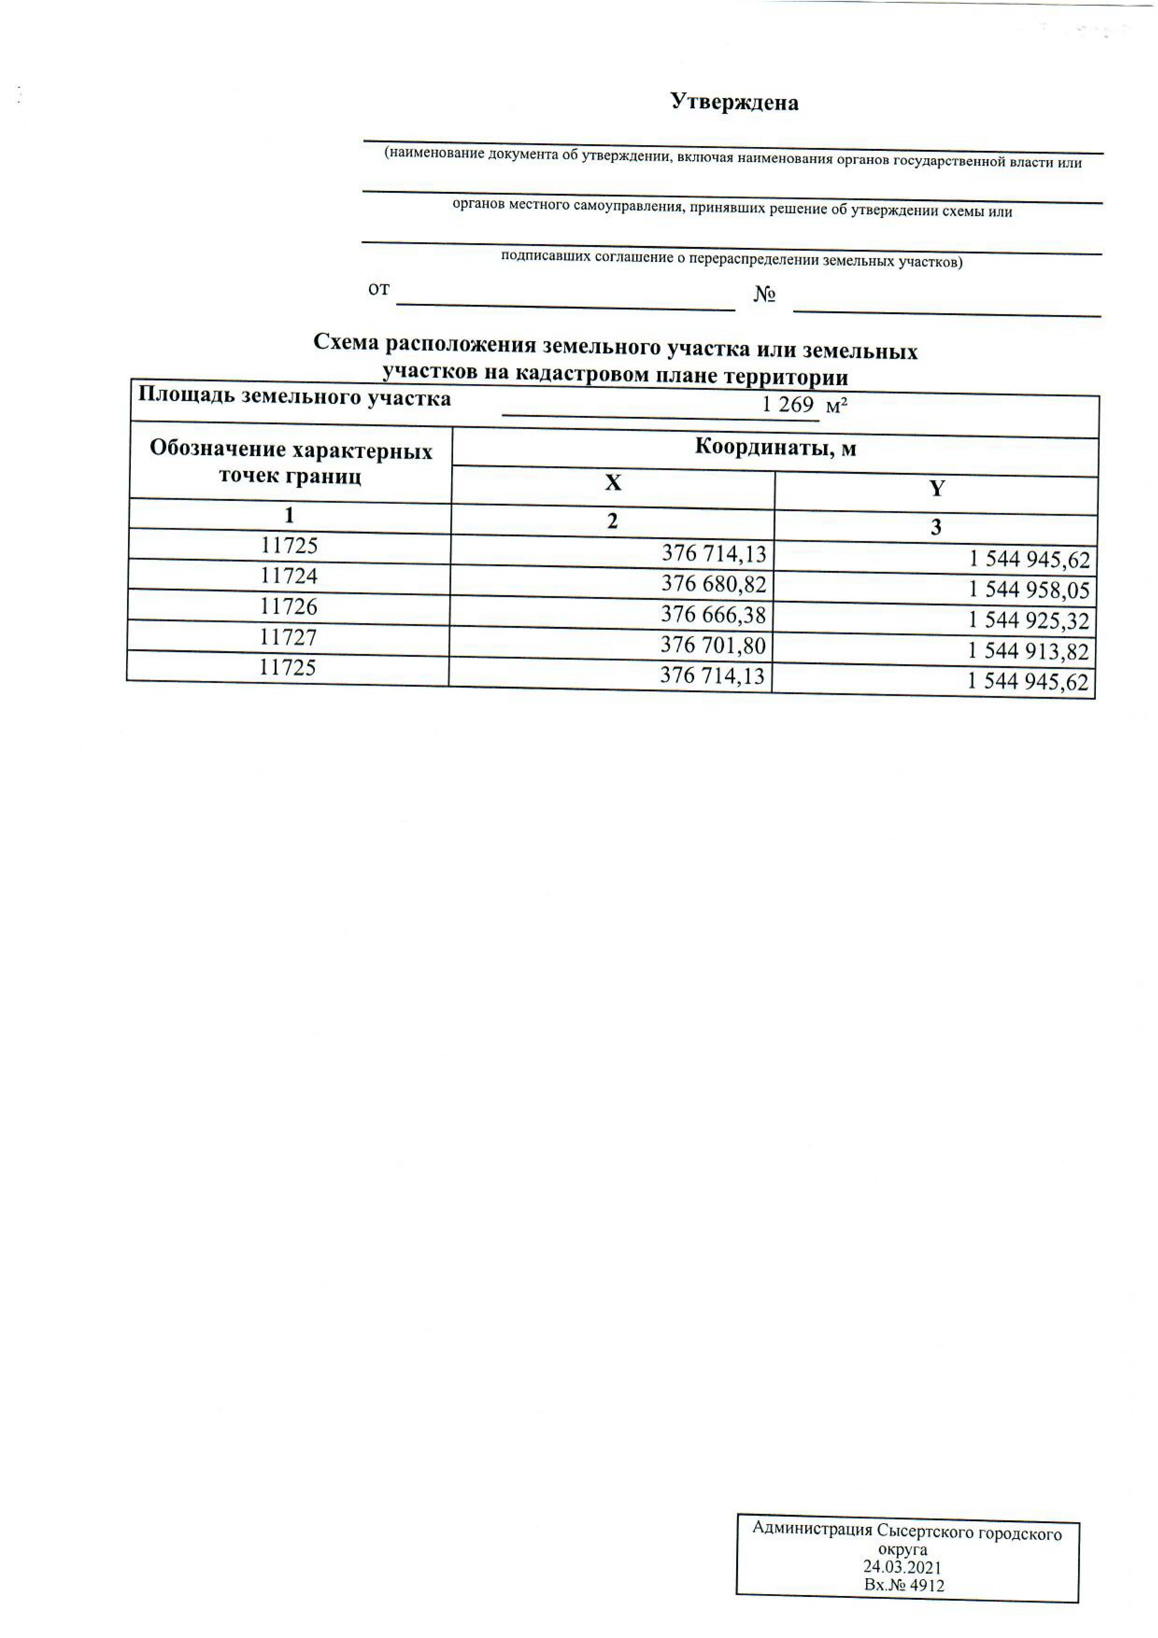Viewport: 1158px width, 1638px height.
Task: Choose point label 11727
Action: (288, 636)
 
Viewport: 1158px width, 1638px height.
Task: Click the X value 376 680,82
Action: (713, 584)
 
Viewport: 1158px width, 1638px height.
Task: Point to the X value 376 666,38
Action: (713, 614)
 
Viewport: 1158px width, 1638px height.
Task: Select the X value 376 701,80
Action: (713, 645)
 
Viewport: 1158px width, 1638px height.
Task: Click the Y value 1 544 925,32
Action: (1028, 621)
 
